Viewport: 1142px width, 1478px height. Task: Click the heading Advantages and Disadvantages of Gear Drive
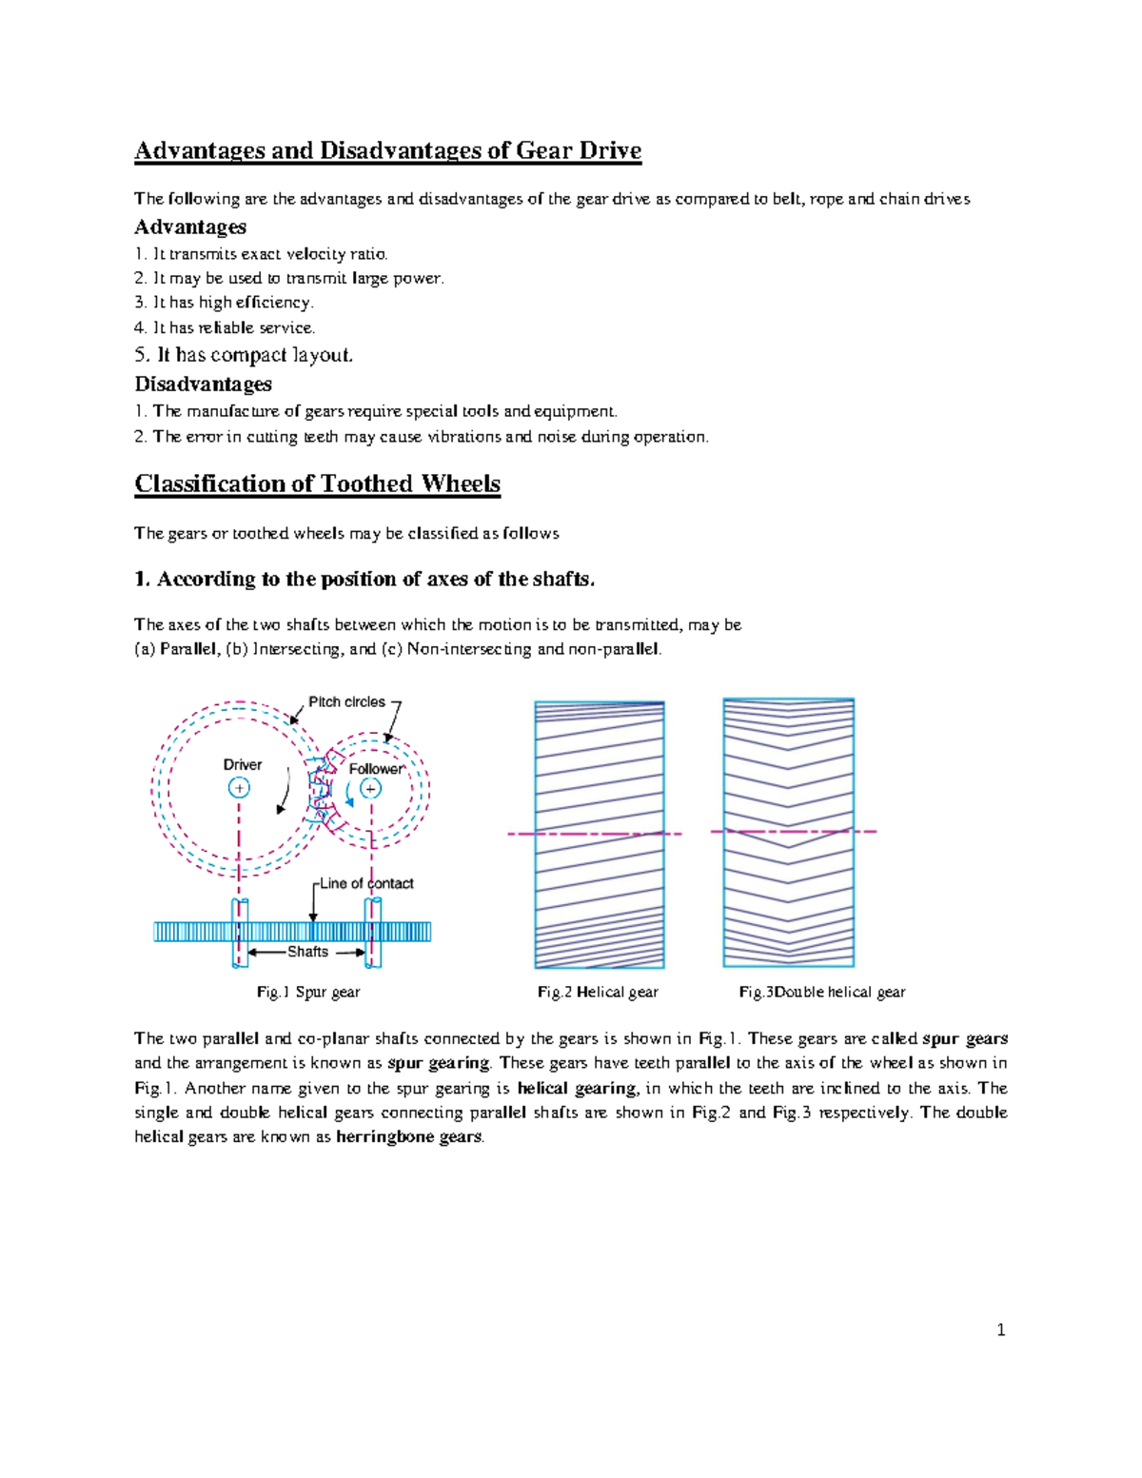click(387, 151)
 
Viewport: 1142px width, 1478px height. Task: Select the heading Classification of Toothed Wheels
click(317, 484)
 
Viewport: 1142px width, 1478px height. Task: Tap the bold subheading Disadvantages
click(203, 384)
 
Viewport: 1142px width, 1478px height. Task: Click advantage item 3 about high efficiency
click(224, 303)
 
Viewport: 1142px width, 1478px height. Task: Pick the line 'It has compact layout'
click(244, 355)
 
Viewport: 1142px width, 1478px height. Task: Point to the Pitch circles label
click(346, 702)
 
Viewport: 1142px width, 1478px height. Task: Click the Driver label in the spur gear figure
click(242, 765)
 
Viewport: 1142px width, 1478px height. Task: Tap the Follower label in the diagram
click(376, 769)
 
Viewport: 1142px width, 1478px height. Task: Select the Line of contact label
click(366, 884)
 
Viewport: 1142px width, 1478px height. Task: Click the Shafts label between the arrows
click(307, 952)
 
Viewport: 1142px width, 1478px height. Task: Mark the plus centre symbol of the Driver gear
click(239, 788)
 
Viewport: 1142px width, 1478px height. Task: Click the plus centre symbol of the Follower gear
click(370, 789)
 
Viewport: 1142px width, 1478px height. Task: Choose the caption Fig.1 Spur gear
click(308, 993)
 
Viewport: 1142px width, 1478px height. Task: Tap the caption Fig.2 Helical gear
click(598, 993)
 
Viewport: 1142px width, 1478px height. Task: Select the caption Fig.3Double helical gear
click(822, 993)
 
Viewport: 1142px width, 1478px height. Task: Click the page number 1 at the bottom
click(1000, 1330)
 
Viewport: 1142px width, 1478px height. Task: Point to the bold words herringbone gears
click(409, 1137)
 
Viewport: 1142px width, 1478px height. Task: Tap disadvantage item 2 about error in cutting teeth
click(421, 438)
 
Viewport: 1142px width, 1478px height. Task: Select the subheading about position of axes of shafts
click(364, 580)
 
